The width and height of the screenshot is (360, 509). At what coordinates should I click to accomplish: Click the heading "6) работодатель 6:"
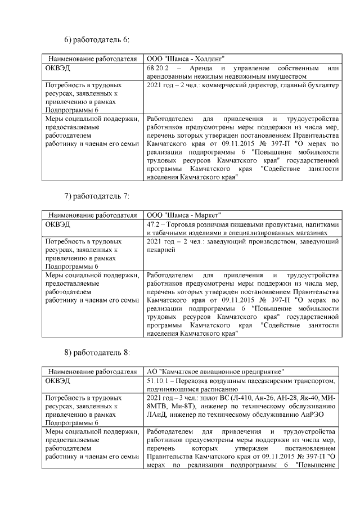97,39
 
